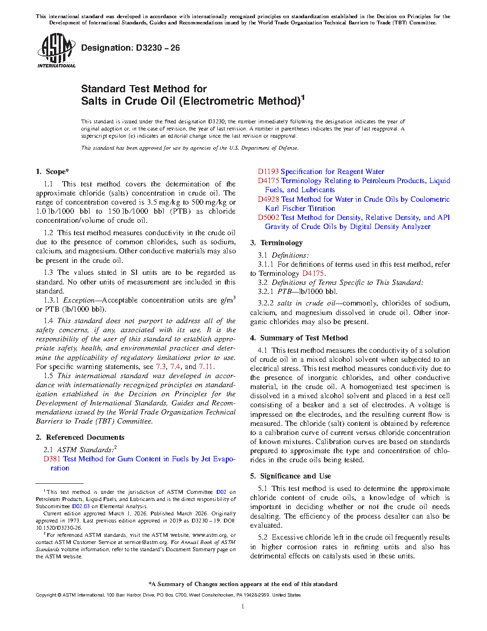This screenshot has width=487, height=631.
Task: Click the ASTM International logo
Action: click(x=56, y=50)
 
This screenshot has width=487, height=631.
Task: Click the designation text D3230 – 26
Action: click(x=130, y=48)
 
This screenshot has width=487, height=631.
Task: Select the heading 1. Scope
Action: click(x=53, y=172)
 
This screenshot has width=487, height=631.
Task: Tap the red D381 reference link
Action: click(x=52, y=459)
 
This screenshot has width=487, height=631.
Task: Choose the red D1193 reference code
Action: click(x=268, y=172)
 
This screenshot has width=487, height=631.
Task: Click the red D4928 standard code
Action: click(x=268, y=199)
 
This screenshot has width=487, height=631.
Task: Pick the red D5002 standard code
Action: click(x=268, y=218)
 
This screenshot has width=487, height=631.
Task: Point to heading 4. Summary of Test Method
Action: click(x=299, y=338)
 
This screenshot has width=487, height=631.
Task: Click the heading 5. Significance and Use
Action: click(x=290, y=476)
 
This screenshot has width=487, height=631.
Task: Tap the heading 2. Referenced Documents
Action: click(x=80, y=437)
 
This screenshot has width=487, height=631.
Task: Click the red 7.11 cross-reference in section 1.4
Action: click(x=206, y=367)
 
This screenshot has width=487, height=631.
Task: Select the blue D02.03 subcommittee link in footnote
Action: click(x=81, y=506)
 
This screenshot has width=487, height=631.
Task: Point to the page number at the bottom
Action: click(x=243, y=607)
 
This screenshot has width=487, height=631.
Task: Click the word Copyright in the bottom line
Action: click(x=46, y=595)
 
